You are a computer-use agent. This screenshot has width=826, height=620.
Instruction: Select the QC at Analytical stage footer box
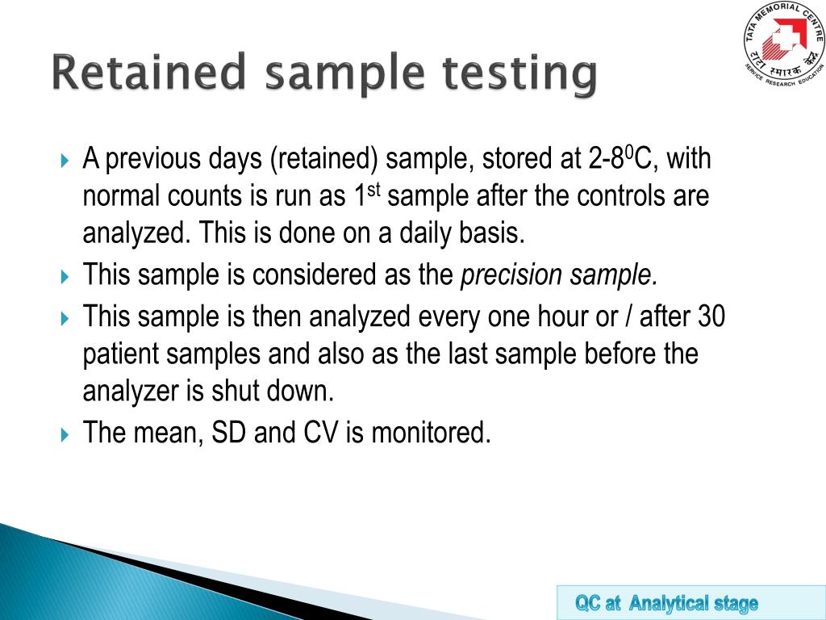point(666,603)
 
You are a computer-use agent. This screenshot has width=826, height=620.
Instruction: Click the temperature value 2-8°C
point(620,159)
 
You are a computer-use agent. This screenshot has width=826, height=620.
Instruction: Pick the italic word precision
point(511,276)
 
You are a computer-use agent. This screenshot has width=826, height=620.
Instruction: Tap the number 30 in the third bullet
point(711,316)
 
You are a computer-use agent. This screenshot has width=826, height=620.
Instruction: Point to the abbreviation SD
point(230,434)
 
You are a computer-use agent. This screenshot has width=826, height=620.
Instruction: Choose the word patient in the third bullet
point(121,355)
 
